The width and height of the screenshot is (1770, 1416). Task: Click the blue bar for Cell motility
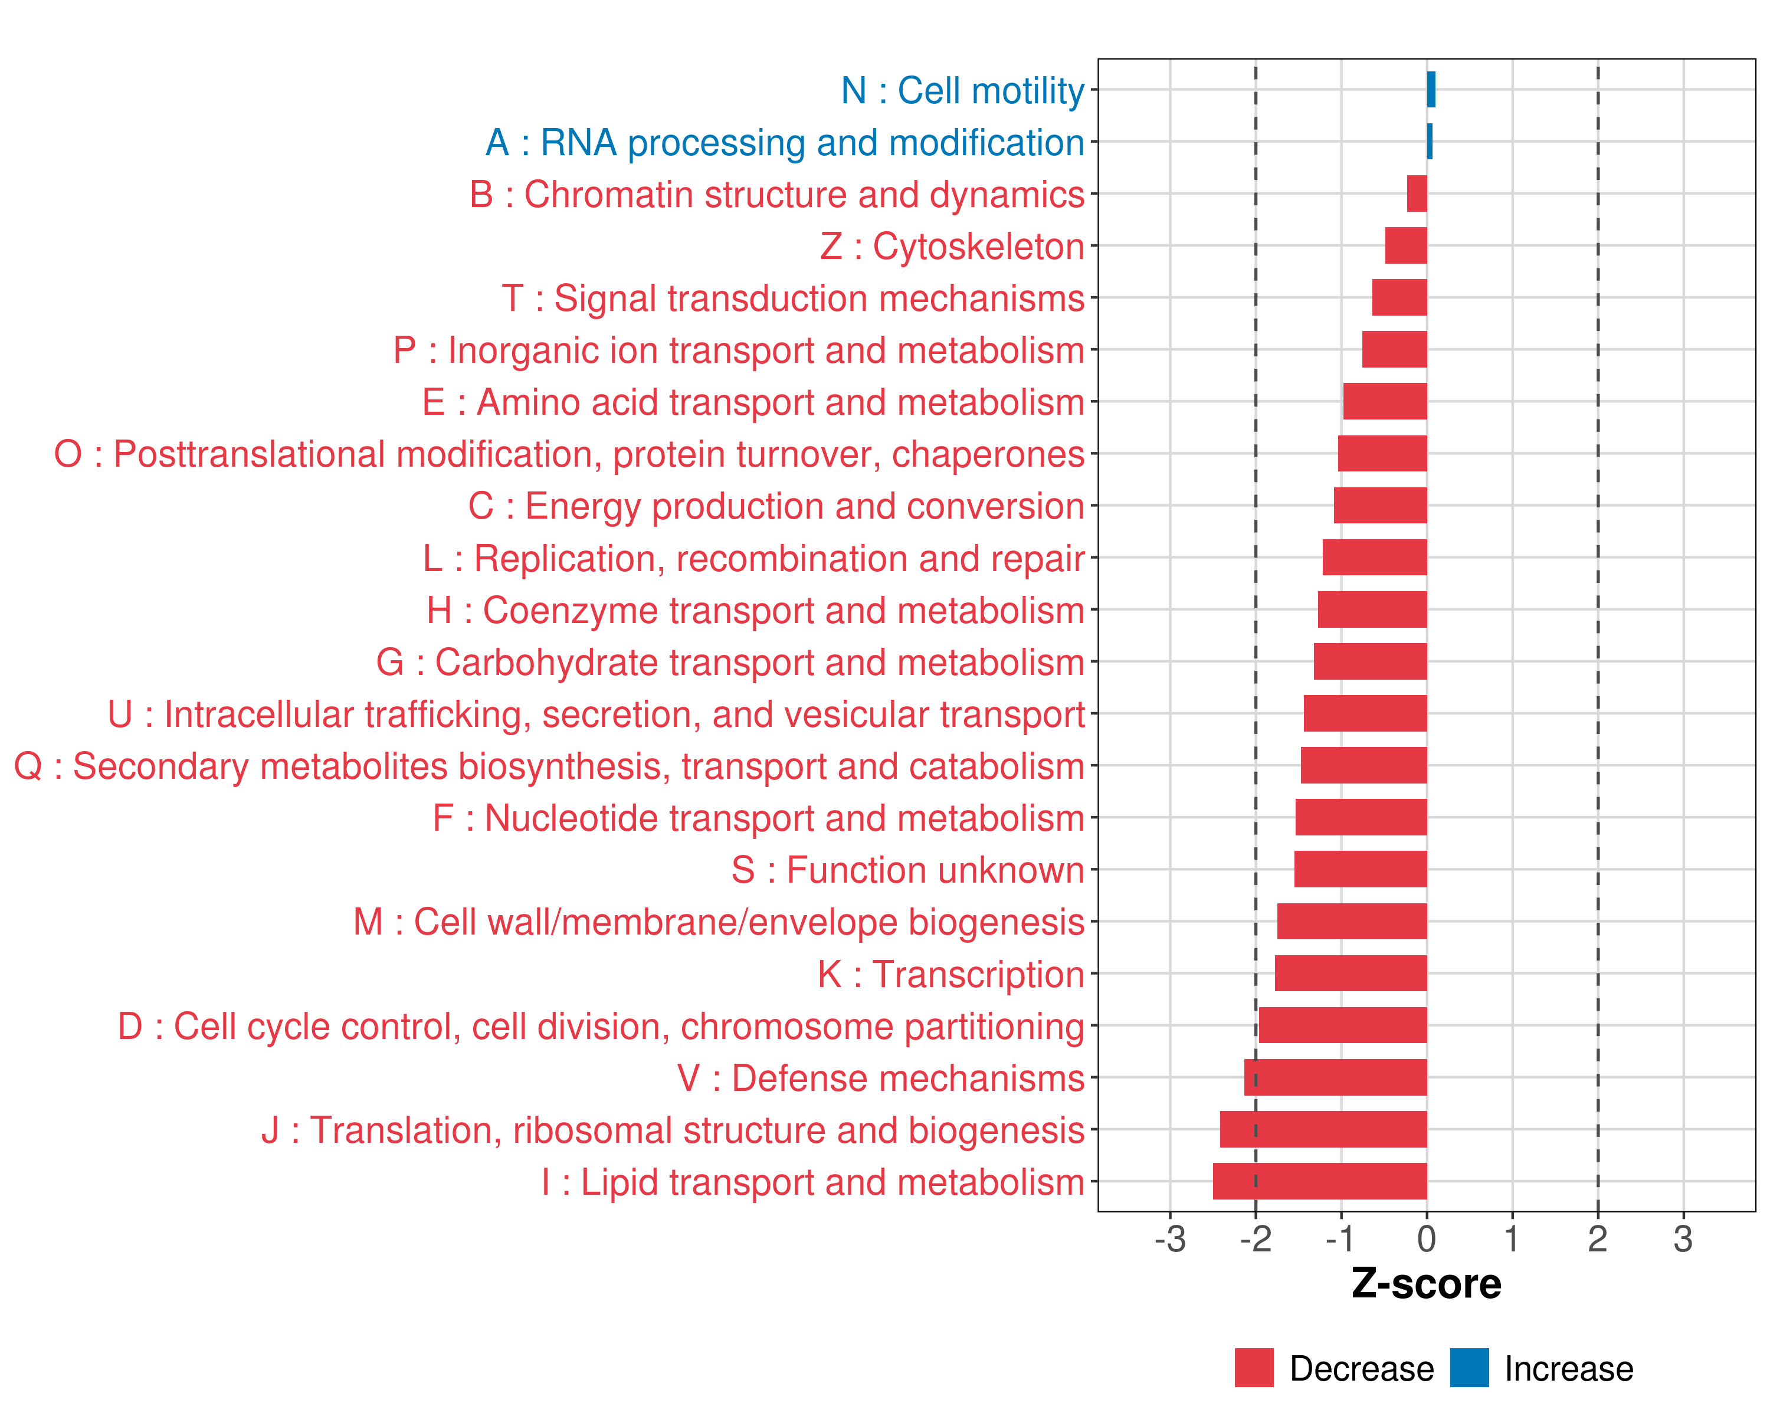click(x=1431, y=90)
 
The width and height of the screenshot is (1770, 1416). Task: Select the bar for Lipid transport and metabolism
click(x=1319, y=1181)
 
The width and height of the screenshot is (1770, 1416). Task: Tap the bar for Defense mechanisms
click(x=1335, y=1077)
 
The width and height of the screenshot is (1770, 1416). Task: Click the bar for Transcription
click(x=1351, y=973)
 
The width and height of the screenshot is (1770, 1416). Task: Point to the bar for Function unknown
click(x=1361, y=869)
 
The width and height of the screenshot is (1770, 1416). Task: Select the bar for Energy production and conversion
click(x=1380, y=506)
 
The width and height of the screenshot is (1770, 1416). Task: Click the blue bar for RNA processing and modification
click(x=1430, y=141)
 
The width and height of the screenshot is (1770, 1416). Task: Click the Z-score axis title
click(x=1426, y=1284)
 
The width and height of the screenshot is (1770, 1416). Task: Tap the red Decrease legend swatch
click(x=1254, y=1368)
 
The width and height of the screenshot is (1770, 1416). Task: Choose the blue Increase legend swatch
click(x=1469, y=1368)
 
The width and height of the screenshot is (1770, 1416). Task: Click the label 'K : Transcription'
click(x=950, y=974)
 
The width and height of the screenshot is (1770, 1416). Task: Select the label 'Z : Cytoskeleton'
click(x=952, y=246)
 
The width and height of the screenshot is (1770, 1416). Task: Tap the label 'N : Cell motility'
click(x=962, y=90)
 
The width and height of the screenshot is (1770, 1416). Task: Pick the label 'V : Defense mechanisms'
click(x=880, y=1079)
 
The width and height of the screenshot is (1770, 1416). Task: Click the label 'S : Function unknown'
click(x=907, y=870)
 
